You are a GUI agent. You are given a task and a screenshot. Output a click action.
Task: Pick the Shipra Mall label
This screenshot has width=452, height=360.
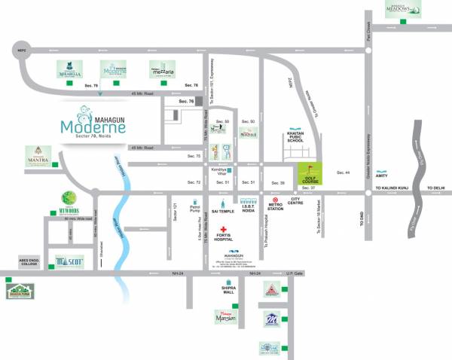(228, 290)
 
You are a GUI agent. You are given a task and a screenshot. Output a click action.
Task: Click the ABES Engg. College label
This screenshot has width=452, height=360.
(31, 263)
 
